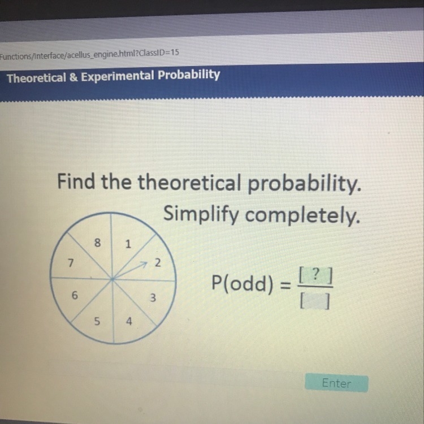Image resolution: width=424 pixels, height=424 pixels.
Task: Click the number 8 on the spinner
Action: coord(97,243)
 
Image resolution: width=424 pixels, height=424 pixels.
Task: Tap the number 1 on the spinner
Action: coord(128,244)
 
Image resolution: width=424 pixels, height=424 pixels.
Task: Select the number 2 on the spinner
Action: coord(157,262)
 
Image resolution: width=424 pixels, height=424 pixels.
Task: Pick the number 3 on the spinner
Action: coord(153,298)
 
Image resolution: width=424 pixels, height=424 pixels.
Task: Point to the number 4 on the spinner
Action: coord(129,321)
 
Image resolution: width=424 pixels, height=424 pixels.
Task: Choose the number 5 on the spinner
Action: coord(97,321)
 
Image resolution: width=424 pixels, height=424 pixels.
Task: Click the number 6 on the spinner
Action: coord(75,295)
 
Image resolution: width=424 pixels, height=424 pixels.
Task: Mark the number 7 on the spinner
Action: coord(71,262)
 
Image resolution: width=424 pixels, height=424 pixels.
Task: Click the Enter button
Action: coord(336,383)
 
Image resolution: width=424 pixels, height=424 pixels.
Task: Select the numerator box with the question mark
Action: coord(315,276)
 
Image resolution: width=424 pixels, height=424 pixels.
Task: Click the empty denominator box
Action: coord(315,301)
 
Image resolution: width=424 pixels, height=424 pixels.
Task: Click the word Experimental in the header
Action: coord(118,76)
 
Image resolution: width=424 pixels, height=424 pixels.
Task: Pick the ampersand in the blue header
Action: coord(73,77)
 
